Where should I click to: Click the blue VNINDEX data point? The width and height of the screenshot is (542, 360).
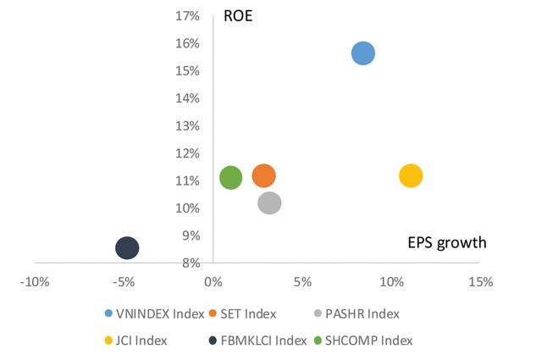point(362,53)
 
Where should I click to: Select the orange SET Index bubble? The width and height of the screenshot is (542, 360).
point(263,176)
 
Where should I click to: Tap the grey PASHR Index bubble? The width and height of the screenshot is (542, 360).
point(269,203)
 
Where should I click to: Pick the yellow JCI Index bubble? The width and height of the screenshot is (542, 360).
point(410,176)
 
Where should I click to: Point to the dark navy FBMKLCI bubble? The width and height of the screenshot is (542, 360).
point(127,248)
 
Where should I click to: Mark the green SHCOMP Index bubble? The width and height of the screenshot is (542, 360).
point(230,177)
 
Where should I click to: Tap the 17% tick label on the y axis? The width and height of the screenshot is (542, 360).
point(186,16)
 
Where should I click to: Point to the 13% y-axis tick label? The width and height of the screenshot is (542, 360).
point(186,126)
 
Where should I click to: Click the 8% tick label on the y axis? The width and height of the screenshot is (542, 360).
point(189,263)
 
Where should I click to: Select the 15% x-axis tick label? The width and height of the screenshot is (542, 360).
point(480,281)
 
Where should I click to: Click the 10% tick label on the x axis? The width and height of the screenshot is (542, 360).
point(391,281)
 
